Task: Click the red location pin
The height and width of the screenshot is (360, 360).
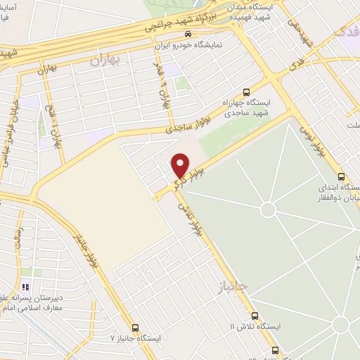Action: click(x=181, y=166)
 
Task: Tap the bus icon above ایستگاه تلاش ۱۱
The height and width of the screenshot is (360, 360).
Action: click(x=255, y=316)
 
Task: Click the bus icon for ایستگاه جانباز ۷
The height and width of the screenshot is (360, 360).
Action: click(x=135, y=327)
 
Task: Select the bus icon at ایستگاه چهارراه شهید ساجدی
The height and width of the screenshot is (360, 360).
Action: click(x=245, y=91)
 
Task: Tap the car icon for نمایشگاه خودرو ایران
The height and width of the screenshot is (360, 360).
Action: click(x=186, y=33)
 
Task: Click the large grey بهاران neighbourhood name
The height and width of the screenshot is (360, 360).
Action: click(x=105, y=60)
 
